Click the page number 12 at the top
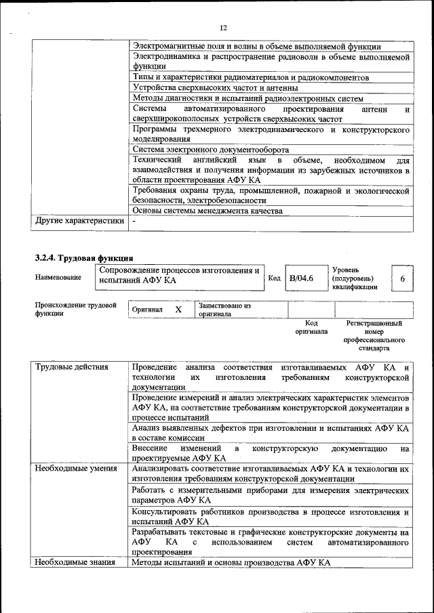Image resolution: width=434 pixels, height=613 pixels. [x=222, y=27]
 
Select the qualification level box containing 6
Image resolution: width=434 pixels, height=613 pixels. [x=403, y=278]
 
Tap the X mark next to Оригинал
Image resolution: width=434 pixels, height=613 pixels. [x=178, y=309]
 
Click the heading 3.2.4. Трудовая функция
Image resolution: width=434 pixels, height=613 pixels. [x=83, y=257]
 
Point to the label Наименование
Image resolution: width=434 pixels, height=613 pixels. [x=58, y=277]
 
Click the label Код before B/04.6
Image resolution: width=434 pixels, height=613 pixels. [x=274, y=278]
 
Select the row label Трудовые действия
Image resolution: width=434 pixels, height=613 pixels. [x=71, y=368]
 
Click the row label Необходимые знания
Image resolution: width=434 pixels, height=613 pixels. [x=75, y=563]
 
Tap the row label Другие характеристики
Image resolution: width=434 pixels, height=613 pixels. [x=79, y=220]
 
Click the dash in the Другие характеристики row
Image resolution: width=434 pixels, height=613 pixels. [x=134, y=221]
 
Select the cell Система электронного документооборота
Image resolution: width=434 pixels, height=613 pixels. [x=211, y=150]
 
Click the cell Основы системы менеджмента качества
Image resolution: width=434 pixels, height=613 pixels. [x=208, y=211]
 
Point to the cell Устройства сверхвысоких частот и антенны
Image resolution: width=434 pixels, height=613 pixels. [x=215, y=87]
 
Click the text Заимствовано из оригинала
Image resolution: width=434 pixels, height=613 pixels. [x=224, y=310]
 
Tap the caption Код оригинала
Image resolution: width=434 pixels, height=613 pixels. [x=311, y=328]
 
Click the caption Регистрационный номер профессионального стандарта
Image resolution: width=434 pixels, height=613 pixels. [x=374, y=336]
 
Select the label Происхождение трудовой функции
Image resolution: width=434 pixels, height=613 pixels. [x=76, y=310]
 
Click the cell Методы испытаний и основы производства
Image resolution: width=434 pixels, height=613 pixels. [x=231, y=563]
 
